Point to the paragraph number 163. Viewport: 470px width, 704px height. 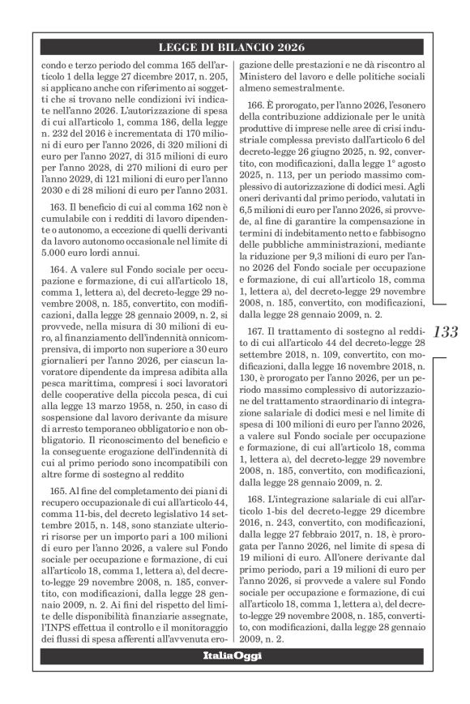tap(59, 208)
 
